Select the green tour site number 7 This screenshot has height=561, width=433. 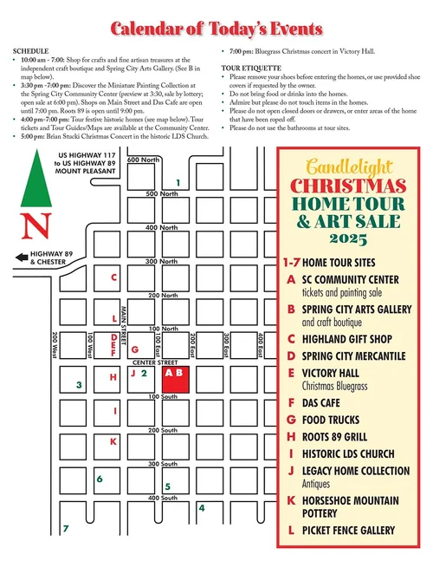pos(66,528)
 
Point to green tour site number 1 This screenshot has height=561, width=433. pos(178,182)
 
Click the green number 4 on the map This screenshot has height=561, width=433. pos(202,507)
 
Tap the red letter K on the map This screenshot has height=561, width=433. pos(113,441)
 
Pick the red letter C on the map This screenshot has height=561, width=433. pos(113,277)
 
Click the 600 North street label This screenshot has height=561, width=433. pos(144,160)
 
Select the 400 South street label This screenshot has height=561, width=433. pos(163,498)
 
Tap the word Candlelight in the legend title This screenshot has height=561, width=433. pos(349,165)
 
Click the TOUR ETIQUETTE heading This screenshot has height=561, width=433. pos(252,66)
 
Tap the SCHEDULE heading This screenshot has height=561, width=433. pos(31,51)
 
